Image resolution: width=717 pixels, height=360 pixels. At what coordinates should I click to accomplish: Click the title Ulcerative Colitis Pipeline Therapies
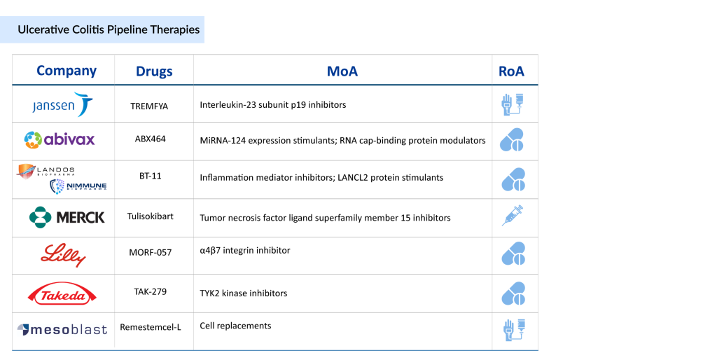(x=109, y=29)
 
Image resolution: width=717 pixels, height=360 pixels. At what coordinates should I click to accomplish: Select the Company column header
(x=67, y=71)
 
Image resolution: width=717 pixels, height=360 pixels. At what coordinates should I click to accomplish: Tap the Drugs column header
(x=154, y=71)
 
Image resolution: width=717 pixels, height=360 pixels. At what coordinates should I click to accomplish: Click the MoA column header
(x=342, y=71)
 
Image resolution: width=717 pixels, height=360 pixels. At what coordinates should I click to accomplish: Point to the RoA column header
(x=511, y=71)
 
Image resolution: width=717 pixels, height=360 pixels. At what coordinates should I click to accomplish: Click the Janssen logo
(x=62, y=105)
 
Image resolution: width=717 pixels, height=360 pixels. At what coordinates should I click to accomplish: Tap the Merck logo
(x=67, y=217)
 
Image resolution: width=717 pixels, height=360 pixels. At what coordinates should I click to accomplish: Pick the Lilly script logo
(x=63, y=255)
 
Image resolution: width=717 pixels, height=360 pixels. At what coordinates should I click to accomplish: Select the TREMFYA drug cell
(x=150, y=106)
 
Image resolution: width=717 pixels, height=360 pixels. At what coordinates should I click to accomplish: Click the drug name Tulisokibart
(x=151, y=216)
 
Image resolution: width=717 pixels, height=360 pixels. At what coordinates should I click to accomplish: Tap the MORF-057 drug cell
(x=150, y=251)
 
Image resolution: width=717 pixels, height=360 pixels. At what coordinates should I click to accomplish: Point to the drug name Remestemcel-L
(x=151, y=326)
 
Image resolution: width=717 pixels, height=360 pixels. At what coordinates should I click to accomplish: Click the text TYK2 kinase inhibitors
(x=243, y=293)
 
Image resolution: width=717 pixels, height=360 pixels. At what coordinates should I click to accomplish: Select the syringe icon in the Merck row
(x=513, y=216)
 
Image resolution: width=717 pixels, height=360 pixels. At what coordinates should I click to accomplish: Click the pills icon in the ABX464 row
(x=512, y=140)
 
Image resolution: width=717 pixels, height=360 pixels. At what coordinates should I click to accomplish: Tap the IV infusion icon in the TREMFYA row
(x=513, y=104)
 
